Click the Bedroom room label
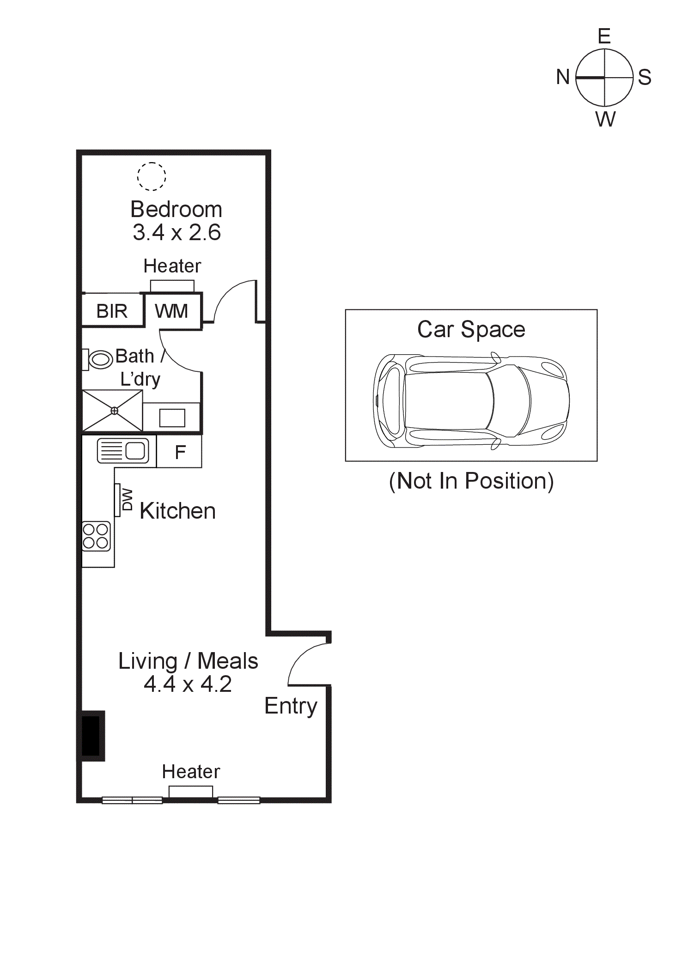tap(176, 209)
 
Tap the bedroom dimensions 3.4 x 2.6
tap(177, 232)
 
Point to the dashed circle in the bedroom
tap(152, 176)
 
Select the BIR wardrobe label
tap(112, 311)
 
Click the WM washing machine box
tap(172, 311)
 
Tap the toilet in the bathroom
tap(99, 359)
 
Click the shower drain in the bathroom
tap(114, 411)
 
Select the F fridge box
tap(180, 452)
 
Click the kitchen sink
tap(123, 451)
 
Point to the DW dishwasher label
tap(127, 500)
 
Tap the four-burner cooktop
tap(96, 536)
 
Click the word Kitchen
tap(177, 511)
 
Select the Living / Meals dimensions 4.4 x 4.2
tap(188, 684)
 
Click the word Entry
tap(291, 706)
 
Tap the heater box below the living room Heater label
tap(190, 791)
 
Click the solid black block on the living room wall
tap(91, 735)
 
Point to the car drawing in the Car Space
tap(471, 401)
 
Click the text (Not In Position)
tap(471, 481)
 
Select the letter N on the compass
tap(562, 77)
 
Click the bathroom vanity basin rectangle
tap(172, 418)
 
